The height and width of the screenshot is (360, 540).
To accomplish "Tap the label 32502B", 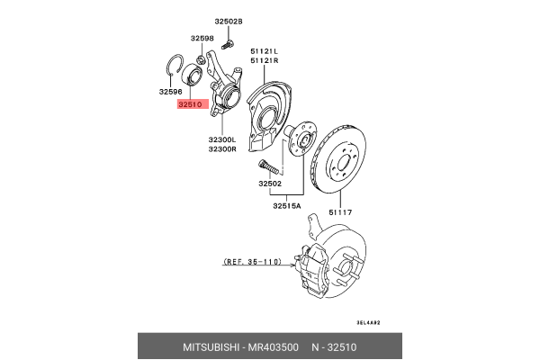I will [x=228, y=21].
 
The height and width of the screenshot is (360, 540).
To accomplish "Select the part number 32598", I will [x=202, y=39].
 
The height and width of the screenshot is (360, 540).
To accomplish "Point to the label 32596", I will [x=171, y=91].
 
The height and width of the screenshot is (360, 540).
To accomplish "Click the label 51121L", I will [x=264, y=51].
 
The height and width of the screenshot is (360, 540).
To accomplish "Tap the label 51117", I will [x=340, y=212].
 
